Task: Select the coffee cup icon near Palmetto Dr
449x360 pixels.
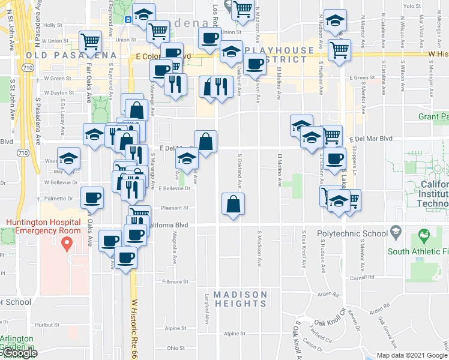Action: tap(92, 197)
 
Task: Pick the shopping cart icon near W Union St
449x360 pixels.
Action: tap(90, 42)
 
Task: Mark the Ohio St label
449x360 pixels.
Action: tap(175, 348)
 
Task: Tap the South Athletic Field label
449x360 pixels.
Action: tap(418, 251)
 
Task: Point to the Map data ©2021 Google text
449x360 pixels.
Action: tap(412, 355)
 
